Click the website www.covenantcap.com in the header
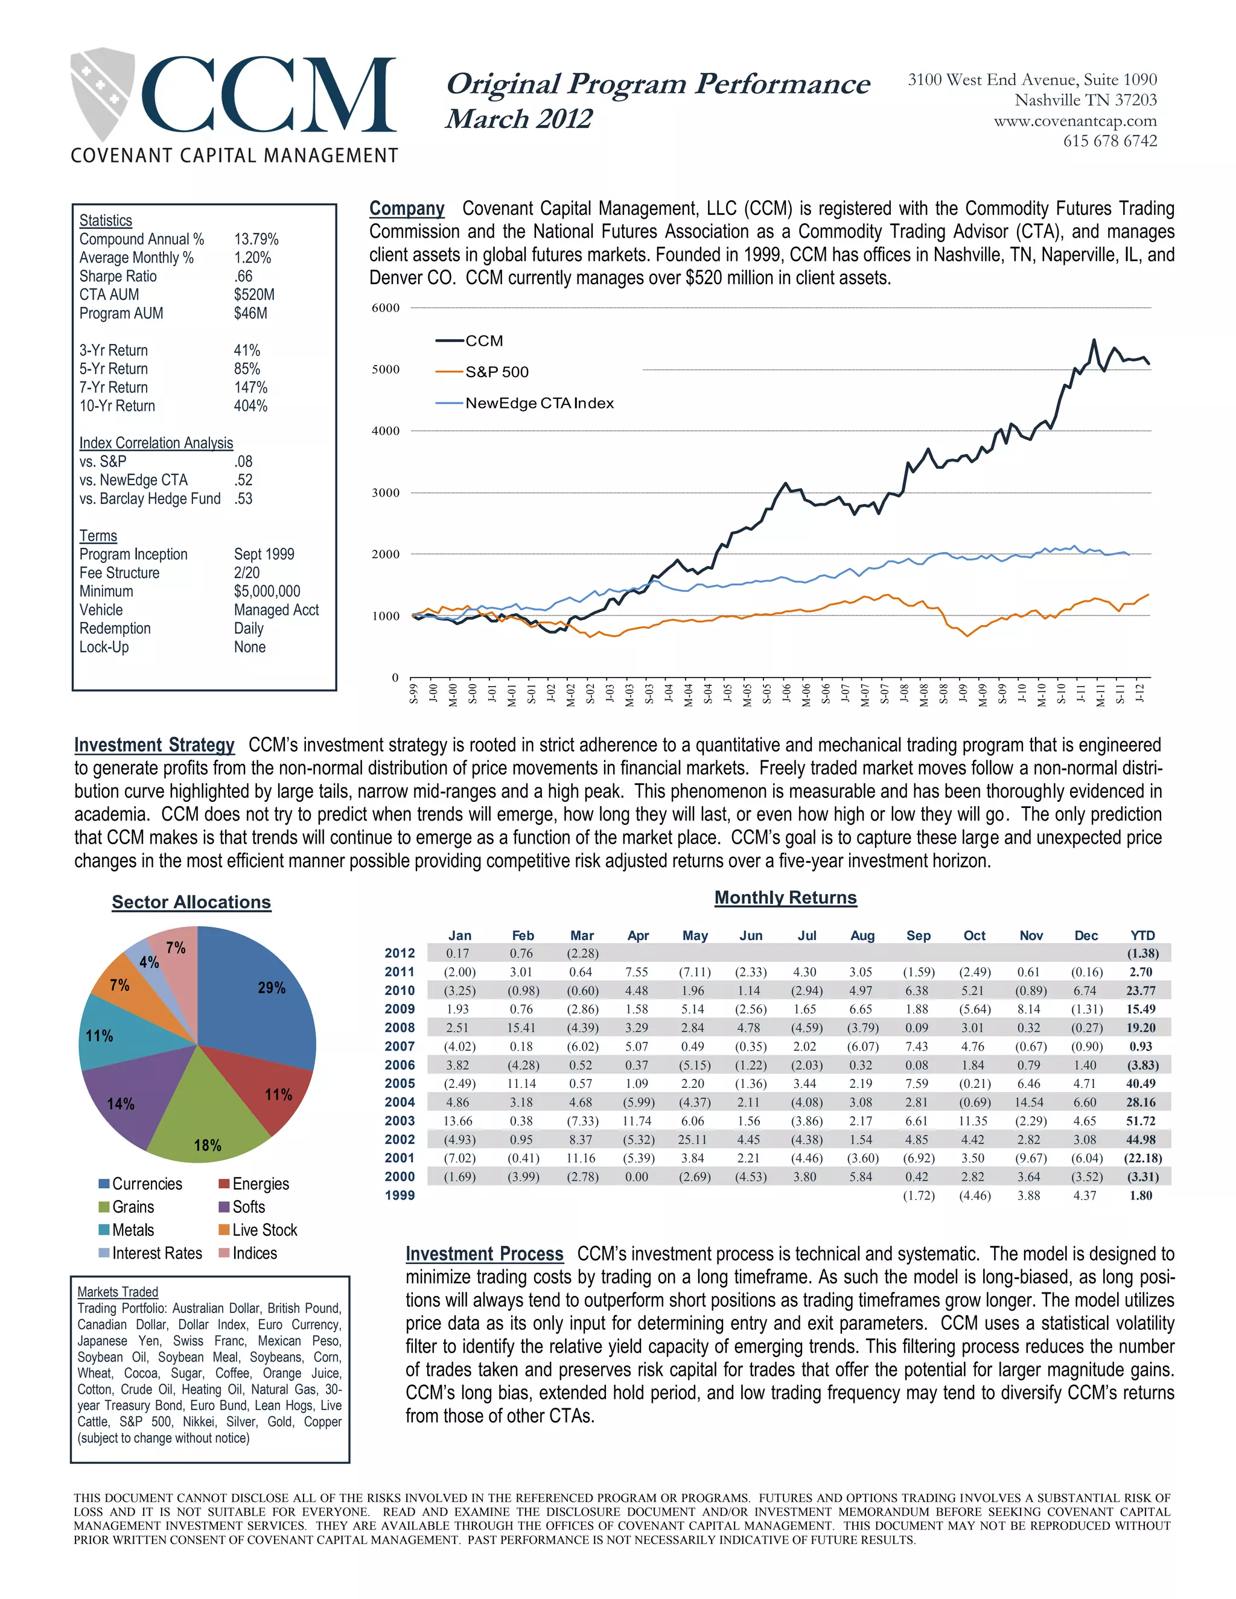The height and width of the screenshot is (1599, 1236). pyautogui.click(x=1075, y=121)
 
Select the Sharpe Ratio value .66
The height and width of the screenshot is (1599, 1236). pyautogui.click(x=243, y=276)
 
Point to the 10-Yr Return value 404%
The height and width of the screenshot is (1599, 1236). pyautogui.click(x=250, y=405)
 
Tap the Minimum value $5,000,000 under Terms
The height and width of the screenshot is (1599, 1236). pyautogui.click(x=267, y=591)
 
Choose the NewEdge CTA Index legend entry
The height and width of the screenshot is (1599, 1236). pyautogui.click(x=539, y=404)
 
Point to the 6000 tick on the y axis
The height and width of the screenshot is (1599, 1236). pyautogui.click(x=386, y=308)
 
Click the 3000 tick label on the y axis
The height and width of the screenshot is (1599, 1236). pyautogui.click(x=386, y=493)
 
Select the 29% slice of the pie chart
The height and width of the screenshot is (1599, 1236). pyautogui.click(x=260, y=996)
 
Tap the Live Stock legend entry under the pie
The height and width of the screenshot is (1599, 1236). pyautogui.click(x=264, y=1230)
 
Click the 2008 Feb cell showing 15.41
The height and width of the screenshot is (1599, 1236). pyautogui.click(x=521, y=1028)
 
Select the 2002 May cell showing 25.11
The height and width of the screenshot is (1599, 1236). pyautogui.click(x=692, y=1139)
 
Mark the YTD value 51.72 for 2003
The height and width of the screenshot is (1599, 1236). pyautogui.click(x=1140, y=1121)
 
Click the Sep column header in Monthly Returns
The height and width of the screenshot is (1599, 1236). pyautogui.click(x=918, y=936)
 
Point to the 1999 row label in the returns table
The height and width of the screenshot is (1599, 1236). pyautogui.click(x=400, y=1195)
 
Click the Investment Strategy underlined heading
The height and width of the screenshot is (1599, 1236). pyautogui.click(x=154, y=745)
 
